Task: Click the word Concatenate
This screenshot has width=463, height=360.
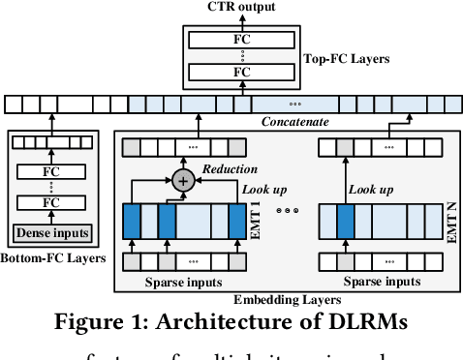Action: click(x=295, y=121)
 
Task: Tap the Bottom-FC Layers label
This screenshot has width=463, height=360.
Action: click(x=51, y=260)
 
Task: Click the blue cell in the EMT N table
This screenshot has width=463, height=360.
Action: click(x=345, y=221)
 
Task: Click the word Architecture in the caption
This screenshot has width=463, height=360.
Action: click(x=189, y=320)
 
